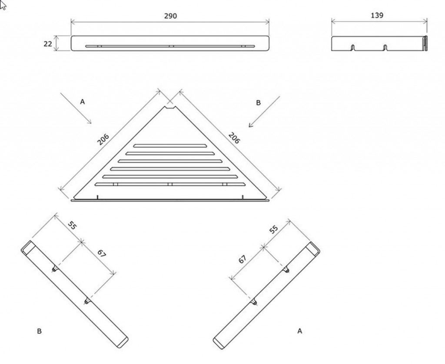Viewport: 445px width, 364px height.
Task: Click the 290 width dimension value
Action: [170, 16]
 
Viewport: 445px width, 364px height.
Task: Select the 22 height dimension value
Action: [48, 44]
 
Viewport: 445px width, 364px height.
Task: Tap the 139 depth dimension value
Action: [377, 15]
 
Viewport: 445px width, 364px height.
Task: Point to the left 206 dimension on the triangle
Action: [103, 139]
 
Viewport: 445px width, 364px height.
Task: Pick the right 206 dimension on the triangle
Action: [234, 138]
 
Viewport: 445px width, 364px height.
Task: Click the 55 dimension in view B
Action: [73, 226]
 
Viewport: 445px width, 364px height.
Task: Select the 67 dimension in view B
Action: [101, 253]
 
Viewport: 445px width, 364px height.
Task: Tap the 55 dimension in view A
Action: [273, 229]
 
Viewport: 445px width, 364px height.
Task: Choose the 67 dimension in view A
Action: [242, 259]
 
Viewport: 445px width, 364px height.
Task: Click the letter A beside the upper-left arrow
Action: [82, 102]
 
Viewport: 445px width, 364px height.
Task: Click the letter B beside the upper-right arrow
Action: [258, 102]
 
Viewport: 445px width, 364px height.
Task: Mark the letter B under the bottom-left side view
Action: [39, 331]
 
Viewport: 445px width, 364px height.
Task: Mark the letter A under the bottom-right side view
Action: [300, 331]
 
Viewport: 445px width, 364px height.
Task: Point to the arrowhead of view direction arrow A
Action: [90, 122]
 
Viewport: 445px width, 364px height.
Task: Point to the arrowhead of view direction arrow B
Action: [250, 125]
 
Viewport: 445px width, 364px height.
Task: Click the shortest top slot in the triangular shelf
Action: [170, 146]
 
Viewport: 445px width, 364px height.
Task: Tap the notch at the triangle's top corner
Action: [170, 108]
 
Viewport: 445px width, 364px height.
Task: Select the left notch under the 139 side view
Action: [353, 47]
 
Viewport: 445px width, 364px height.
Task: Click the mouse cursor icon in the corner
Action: [3, 5]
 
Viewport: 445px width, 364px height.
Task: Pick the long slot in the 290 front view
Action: [170, 46]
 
